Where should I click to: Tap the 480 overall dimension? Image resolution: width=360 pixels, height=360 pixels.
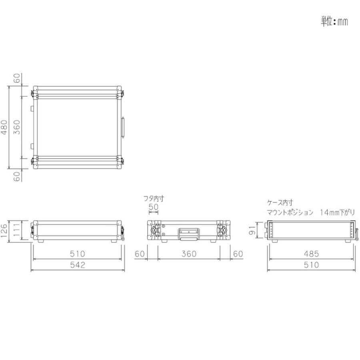(x=4, y=128)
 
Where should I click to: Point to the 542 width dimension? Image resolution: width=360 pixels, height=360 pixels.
(x=78, y=265)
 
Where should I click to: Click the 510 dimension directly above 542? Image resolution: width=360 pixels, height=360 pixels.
(x=78, y=254)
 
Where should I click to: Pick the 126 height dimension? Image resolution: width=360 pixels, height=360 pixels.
(x=4, y=231)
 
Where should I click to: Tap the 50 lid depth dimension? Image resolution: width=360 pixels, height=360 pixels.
(x=154, y=207)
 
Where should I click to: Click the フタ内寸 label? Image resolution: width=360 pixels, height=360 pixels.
(x=154, y=198)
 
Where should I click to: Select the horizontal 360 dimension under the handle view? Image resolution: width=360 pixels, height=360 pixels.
(x=188, y=254)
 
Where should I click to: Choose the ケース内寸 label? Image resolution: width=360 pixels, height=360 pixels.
(x=280, y=203)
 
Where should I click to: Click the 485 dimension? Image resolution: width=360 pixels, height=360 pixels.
(x=311, y=254)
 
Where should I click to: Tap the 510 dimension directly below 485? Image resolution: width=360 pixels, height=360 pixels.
(x=311, y=265)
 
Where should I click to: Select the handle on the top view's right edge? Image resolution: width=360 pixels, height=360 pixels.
(x=123, y=127)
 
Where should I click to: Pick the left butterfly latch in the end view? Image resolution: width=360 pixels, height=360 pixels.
(x=154, y=231)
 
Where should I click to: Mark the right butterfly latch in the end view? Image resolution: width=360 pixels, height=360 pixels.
(x=222, y=231)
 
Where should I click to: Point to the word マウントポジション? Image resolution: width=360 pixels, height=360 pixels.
(x=290, y=213)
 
